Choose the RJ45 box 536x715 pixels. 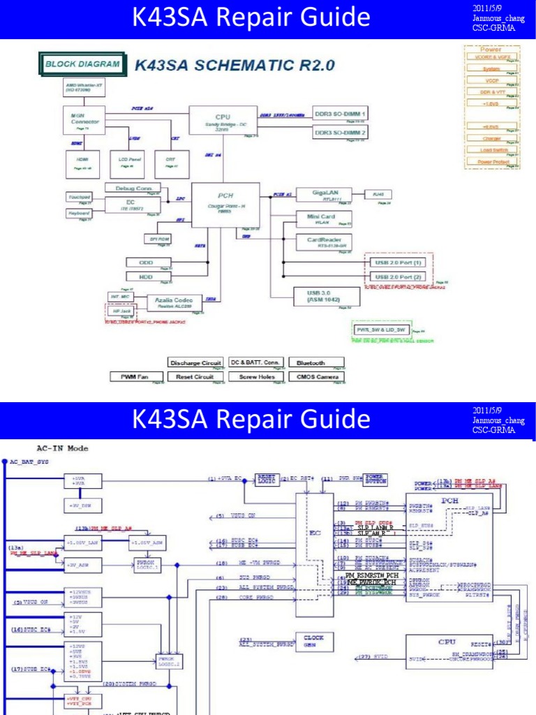click(x=379, y=194)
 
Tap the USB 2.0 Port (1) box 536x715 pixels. click(x=399, y=263)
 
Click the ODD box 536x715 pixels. click(x=147, y=263)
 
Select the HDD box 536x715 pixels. click(x=147, y=277)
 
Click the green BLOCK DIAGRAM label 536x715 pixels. click(x=82, y=65)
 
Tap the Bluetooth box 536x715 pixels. click(x=311, y=363)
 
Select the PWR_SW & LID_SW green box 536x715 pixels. click(x=381, y=329)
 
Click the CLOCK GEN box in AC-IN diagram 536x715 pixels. click(x=310, y=640)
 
